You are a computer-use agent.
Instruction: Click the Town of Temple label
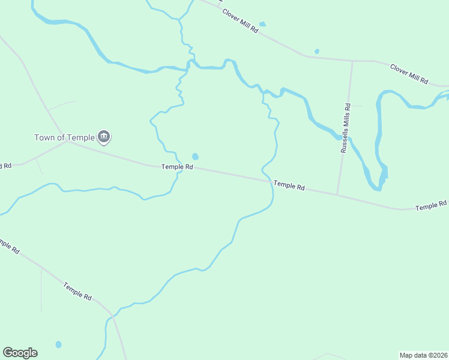click(64, 137)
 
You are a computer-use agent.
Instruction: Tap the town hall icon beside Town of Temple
click(104, 137)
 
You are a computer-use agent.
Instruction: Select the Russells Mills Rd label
click(345, 128)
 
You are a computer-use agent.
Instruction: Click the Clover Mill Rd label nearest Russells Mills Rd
click(409, 73)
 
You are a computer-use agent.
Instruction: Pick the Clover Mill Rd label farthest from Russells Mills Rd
click(240, 20)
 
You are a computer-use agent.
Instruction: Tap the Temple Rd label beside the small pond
click(177, 167)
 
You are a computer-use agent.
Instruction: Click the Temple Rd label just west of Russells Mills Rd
click(289, 185)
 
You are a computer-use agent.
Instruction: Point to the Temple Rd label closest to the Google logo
click(78, 292)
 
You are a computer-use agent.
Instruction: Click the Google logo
click(20, 353)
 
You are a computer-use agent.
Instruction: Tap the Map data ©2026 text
click(423, 355)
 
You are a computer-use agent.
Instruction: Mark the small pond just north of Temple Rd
click(195, 157)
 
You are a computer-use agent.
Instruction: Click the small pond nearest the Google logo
click(58, 344)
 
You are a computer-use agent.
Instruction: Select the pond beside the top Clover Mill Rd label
click(262, 25)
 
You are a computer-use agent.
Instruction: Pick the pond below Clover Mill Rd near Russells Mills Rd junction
click(317, 52)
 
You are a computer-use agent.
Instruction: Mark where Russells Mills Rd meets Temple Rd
click(337, 194)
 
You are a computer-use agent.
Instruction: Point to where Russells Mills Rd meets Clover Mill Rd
click(352, 61)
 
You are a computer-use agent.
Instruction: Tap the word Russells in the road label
click(345, 140)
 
